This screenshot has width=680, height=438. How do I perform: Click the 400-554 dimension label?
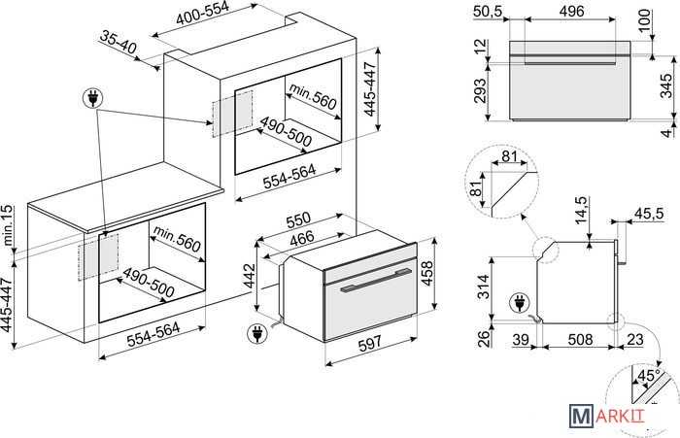(x=202, y=14)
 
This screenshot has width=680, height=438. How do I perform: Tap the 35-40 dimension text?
(x=118, y=42)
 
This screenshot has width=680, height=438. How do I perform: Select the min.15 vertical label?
(x=8, y=225)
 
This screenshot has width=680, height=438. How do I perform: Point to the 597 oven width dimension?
(x=370, y=343)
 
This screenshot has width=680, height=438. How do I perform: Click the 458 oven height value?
(x=427, y=273)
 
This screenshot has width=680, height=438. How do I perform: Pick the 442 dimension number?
(x=249, y=276)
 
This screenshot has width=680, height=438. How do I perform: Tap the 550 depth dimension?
(x=298, y=219)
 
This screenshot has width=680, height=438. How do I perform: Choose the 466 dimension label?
(x=301, y=238)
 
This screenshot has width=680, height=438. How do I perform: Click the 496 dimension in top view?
(x=571, y=12)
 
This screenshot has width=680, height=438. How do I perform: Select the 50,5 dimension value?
(x=487, y=12)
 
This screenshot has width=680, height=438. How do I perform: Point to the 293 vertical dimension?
(x=480, y=90)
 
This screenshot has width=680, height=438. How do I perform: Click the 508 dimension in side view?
(x=580, y=339)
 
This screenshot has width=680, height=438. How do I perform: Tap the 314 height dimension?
(x=483, y=286)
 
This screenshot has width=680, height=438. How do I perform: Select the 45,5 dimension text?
(x=649, y=213)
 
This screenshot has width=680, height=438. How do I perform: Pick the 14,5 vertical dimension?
(x=581, y=211)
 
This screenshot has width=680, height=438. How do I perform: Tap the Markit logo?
(x=607, y=416)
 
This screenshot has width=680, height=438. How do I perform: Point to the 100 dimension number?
(x=645, y=19)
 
